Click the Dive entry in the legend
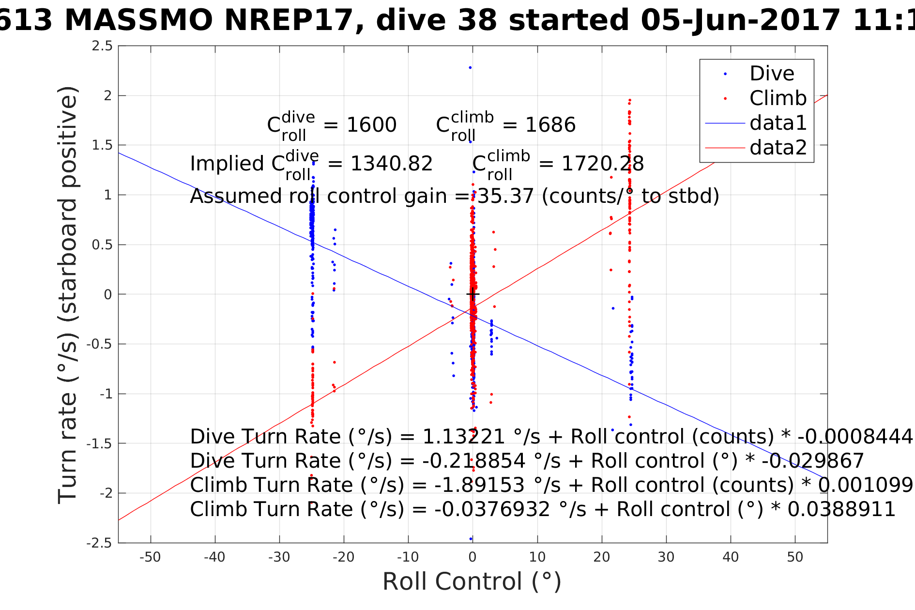coord(772,74)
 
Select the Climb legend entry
coord(778,99)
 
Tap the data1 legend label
coord(778,123)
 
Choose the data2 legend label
coord(778,148)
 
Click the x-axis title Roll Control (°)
coord(472,581)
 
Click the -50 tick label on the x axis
coord(150,557)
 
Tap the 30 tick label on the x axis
coord(666,557)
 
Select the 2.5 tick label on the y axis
coord(102,46)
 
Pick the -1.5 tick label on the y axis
coord(99,443)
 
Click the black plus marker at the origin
coord(473,294)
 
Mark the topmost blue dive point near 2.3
coord(470,68)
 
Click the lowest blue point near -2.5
coord(471,539)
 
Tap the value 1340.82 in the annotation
coord(391,164)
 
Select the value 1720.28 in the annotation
coord(602,164)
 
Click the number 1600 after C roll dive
coord(371,125)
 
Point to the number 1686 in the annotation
coord(550,125)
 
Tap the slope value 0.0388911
coord(841,510)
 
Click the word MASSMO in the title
coord(138,21)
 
